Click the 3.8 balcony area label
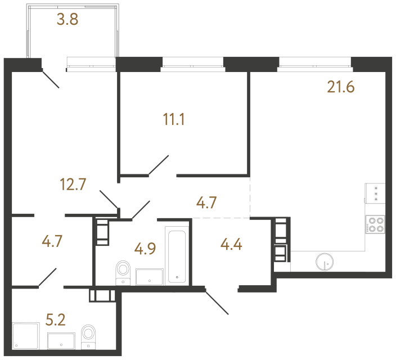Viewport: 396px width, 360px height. (67, 21)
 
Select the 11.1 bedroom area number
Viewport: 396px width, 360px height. (174, 120)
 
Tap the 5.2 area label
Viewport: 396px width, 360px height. (55, 321)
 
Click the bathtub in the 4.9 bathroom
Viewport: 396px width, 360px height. (177, 254)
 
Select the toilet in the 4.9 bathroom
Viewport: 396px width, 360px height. (122, 272)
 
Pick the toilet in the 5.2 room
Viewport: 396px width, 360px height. (88, 334)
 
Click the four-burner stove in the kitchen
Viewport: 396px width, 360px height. (375, 225)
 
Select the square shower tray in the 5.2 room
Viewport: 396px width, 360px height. (25, 335)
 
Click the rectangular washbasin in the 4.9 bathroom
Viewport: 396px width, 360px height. (149, 276)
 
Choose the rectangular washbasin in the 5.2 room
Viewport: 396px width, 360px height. (62, 339)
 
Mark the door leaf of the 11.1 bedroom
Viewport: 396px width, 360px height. (159, 165)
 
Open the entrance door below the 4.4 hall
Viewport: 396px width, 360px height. (217, 301)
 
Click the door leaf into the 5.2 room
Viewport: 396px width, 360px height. (47, 278)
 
